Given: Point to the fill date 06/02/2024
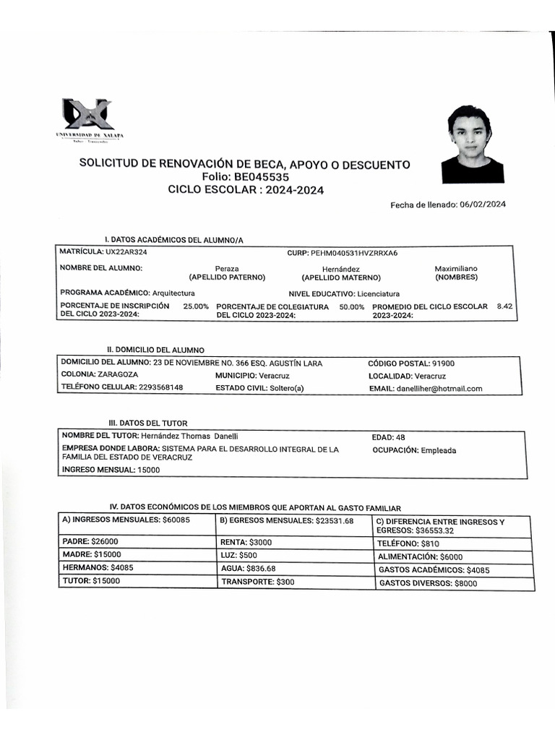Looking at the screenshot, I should (x=483, y=205).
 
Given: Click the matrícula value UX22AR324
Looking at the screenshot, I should (x=126, y=253).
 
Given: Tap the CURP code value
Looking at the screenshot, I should (x=354, y=254).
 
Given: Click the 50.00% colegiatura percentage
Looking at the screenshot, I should (x=351, y=307).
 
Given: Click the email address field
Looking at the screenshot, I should (x=439, y=389).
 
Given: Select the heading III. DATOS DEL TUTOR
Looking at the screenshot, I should (x=147, y=423).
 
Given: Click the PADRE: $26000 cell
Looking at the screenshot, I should (x=90, y=541).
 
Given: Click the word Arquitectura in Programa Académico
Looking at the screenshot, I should (x=173, y=293).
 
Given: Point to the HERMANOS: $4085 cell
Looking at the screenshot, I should (x=98, y=568).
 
